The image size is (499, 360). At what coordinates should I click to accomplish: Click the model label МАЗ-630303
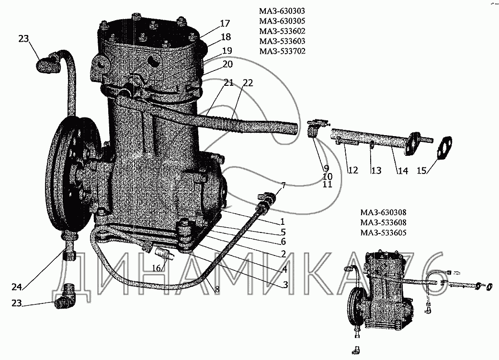[282, 11]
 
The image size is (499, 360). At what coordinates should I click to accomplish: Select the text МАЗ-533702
[282, 51]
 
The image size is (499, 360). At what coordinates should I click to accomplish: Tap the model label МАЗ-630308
[383, 212]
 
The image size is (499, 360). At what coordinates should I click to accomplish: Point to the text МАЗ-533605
[383, 233]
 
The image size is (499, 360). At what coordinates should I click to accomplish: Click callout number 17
[225, 23]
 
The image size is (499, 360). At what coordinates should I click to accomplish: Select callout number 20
[227, 64]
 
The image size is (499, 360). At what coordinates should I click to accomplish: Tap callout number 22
[248, 83]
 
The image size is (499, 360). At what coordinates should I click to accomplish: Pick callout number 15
[422, 171]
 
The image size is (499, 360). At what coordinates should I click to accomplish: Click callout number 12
[353, 170]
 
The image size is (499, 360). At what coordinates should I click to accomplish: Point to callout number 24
[17, 287]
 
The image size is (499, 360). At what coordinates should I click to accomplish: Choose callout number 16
[156, 268]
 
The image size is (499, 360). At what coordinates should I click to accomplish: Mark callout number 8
[217, 290]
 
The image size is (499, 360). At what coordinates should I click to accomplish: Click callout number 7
[283, 186]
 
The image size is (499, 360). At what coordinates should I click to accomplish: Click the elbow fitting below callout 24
[67, 297]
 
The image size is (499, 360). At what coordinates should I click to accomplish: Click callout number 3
[285, 284]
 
